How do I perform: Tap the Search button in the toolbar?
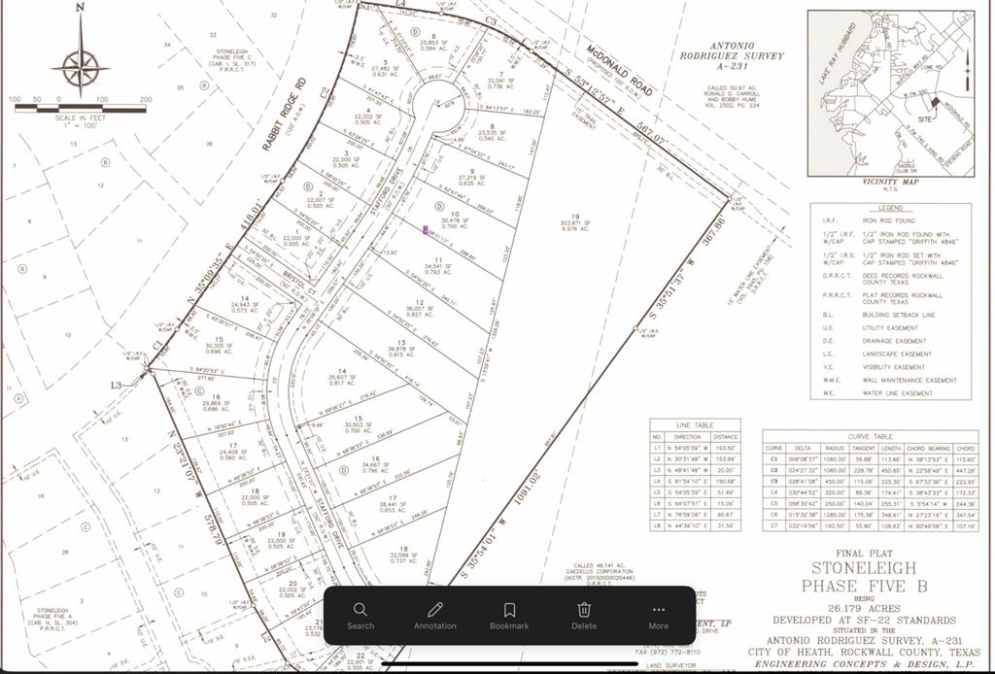pos(360,615)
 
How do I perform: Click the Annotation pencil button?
pos(434,615)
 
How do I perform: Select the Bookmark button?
pos(509,615)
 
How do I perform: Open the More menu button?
pos(658,615)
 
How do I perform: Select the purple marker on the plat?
pos(426,230)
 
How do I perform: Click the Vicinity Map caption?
pos(890,182)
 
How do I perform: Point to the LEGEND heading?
pos(890,208)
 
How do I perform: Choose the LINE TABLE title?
pos(696,424)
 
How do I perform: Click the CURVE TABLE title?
pos(870,437)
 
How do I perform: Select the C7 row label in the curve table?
pos(774,525)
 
